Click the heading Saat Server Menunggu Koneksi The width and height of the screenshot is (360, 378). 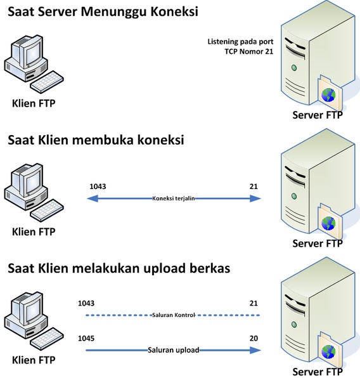(x=103, y=12)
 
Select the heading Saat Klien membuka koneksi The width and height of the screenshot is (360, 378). (x=96, y=140)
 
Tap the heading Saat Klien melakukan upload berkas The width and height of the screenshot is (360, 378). (x=119, y=268)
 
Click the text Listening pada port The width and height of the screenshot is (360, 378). (x=240, y=42)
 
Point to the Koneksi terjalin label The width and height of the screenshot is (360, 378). (x=173, y=199)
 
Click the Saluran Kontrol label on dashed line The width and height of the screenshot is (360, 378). (x=173, y=315)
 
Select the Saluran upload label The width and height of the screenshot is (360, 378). (x=174, y=350)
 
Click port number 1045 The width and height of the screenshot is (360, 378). (x=86, y=338)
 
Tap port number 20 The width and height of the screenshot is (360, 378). (x=254, y=338)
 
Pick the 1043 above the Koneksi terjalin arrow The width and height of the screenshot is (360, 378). (x=98, y=186)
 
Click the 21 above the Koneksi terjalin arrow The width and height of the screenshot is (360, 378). (x=254, y=186)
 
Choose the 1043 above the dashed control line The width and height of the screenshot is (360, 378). (x=86, y=303)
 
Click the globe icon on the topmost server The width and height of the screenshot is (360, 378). (x=328, y=94)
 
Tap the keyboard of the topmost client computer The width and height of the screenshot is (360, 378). (x=47, y=82)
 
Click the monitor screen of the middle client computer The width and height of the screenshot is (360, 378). (x=33, y=181)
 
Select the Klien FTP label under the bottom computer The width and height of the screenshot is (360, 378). (x=34, y=360)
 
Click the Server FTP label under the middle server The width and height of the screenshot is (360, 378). (x=318, y=244)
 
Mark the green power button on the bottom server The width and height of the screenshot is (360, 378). (x=294, y=325)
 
